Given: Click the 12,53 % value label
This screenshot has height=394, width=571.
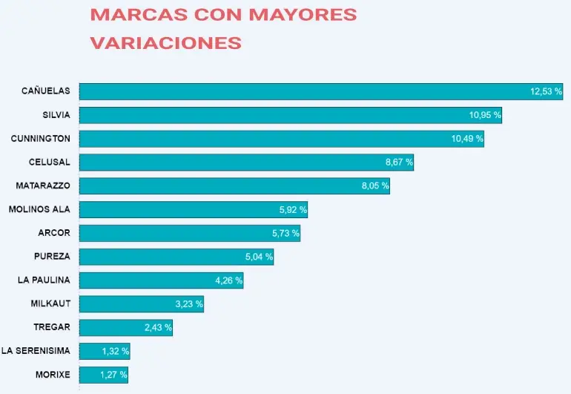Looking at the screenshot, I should click(x=546, y=91).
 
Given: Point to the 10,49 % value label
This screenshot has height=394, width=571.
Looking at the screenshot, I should click(x=467, y=139).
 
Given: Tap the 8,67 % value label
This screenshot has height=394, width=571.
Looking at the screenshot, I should click(x=399, y=162).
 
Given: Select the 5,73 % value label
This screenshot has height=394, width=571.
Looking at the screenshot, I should click(x=285, y=233).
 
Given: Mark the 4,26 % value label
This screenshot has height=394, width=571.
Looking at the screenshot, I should click(x=228, y=280).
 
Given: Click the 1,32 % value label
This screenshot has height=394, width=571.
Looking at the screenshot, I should click(x=115, y=351).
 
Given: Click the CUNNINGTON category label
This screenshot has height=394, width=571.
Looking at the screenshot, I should click(x=41, y=139).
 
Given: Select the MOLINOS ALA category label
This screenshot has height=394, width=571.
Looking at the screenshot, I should click(x=39, y=209).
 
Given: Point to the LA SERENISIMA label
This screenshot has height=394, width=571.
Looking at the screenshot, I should click(x=36, y=351).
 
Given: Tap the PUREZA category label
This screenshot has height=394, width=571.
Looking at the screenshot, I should click(x=52, y=257).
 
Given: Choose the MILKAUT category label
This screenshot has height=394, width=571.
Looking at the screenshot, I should click(x=50, y=303).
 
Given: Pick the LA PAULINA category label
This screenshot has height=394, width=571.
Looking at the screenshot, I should click(x=44, y=280).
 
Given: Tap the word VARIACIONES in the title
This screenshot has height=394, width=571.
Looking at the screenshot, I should click(x=165, y=43).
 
